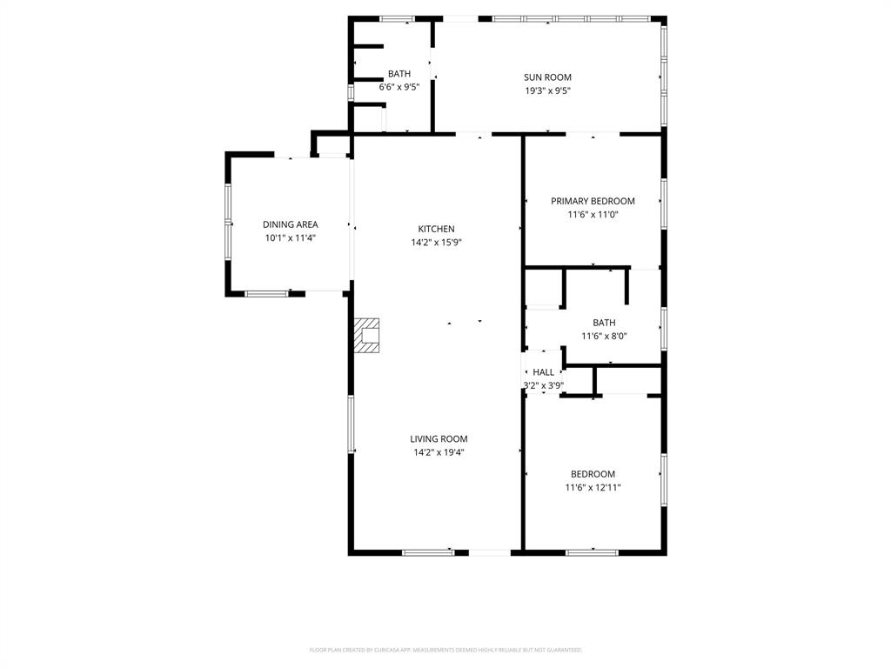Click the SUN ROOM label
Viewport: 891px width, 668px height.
(x=547, y=77)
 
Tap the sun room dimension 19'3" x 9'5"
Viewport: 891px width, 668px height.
(x=547, y=90)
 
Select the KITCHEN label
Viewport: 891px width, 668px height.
(x=436, y=229)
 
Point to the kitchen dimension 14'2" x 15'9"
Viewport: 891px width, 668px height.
(x=436, y=243)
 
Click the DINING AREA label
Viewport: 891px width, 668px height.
(x=290, y=224)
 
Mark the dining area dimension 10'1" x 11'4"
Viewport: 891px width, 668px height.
(x=290, y=237)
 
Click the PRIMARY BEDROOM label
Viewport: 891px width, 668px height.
(x=593, y=201)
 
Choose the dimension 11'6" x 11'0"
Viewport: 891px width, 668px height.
(x=593, y=214)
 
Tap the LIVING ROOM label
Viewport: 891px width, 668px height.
(x=439, y=439)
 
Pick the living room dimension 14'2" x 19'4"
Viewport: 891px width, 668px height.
(x=439, y=452)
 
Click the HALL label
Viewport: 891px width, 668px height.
(x=543, y=372)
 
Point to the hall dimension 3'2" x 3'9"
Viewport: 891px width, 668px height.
(x=543, y=385)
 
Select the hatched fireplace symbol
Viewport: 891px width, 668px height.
(x=367, y=335)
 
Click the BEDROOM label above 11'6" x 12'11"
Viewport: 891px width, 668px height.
(x=593, y=474)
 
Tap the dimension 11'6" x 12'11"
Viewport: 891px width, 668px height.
(x=593, y=488)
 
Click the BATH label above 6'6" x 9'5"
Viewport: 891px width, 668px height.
(x=399, y=74)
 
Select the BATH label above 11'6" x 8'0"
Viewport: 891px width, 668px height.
(x=604, y=323)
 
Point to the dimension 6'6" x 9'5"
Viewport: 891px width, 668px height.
(x=399, y=87)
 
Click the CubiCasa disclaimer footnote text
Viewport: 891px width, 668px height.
(x=445, y=650)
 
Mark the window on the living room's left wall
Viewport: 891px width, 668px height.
(x=352, y=424)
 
